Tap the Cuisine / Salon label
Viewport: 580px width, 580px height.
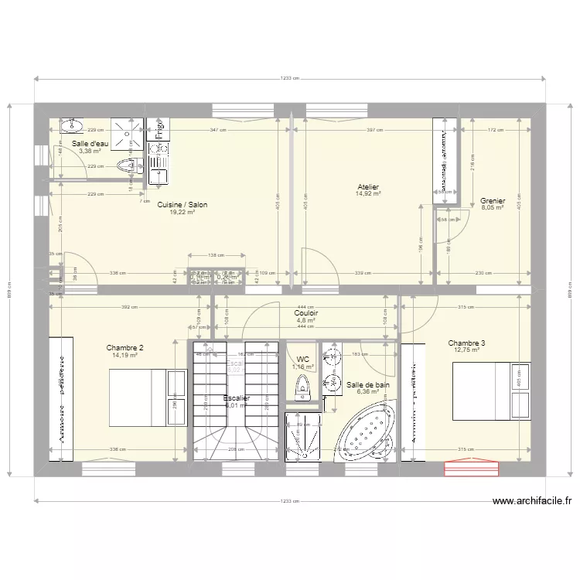(x=182, y=204)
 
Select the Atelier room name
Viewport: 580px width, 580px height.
(x=367, y=186)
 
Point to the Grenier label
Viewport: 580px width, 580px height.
(x=492, y=200)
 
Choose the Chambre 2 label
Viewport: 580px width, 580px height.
(x=125, y=348)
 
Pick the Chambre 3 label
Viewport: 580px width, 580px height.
(x=466, y=343)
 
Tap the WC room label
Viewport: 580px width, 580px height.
(x=302, y=360)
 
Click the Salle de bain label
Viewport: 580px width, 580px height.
(x=367, y=384)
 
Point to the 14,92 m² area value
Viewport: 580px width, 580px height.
(x=367, y=194)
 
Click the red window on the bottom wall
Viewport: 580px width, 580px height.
(x=472, y=468)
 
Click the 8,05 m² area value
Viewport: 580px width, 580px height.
(x=492, y=208)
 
